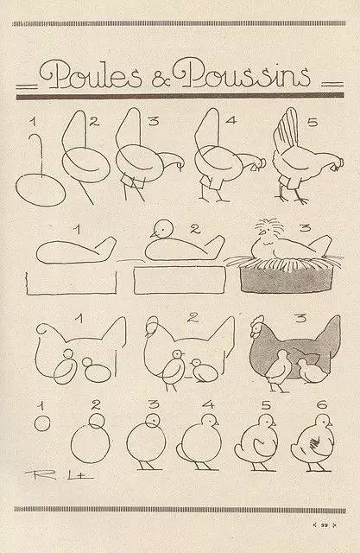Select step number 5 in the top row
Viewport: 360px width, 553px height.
312,124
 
